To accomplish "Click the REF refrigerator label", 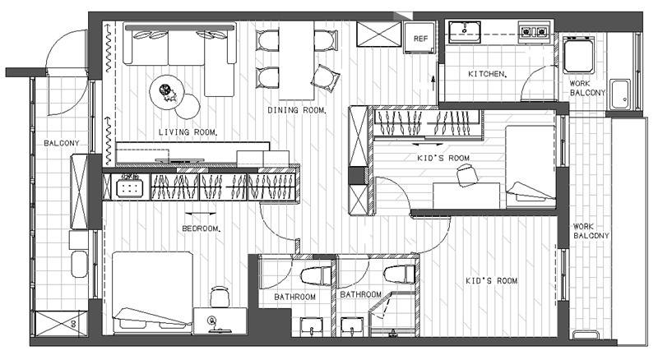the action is click(420, 39).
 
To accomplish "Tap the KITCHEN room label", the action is click(487, 74).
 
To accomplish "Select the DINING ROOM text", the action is click(296, 110).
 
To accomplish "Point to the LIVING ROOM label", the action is click(188, 132).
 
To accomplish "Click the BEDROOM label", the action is click(201, 228).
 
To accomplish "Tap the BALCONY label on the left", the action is click(61, 143).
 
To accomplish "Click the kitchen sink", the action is click(465, 32).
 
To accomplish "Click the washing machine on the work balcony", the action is click(578, 55).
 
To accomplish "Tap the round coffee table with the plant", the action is click(167, 92).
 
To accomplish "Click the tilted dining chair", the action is click(325, 78).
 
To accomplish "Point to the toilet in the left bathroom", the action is click(317, 276).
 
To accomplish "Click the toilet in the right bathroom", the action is click(399, 274).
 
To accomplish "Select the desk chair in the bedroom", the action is click(220, 297).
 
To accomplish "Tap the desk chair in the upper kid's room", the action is click(467, 175).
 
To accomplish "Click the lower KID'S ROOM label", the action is click(491, 281).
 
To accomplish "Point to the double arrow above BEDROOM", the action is click(201, 214).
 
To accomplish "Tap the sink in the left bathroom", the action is click(312, 327).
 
